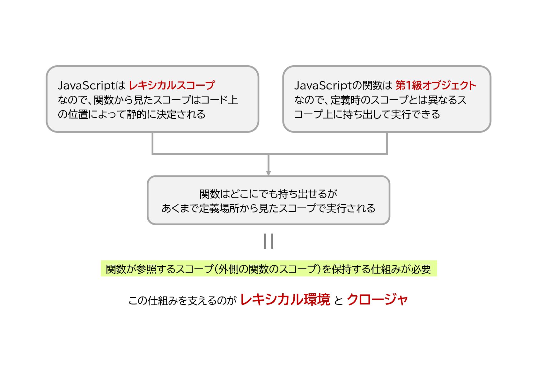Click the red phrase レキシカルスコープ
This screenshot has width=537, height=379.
point(172,85)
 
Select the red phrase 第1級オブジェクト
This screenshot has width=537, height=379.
point(436,85)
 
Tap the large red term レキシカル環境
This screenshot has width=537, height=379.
point(285,300)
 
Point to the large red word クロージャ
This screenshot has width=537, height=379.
point(377,300)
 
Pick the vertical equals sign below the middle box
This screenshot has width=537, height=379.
point(268,241)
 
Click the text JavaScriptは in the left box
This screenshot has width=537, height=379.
point(92,85)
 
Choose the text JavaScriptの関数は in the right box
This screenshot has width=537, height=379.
point(343,85)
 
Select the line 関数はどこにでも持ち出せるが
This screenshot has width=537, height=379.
point(268,194)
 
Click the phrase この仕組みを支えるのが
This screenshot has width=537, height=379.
point(182,300)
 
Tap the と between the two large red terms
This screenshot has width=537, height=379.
point(338,300)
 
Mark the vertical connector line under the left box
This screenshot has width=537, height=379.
point(153,143)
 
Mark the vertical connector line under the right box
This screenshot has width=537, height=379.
point(387,143)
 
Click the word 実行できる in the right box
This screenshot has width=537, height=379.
point(415,114)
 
